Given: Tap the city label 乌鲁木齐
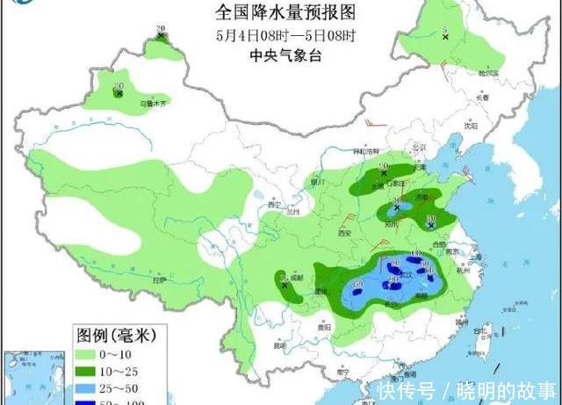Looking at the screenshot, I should point(129,103).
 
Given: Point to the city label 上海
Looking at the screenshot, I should point(479,257).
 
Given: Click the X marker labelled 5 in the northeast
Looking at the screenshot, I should point(445,37).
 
